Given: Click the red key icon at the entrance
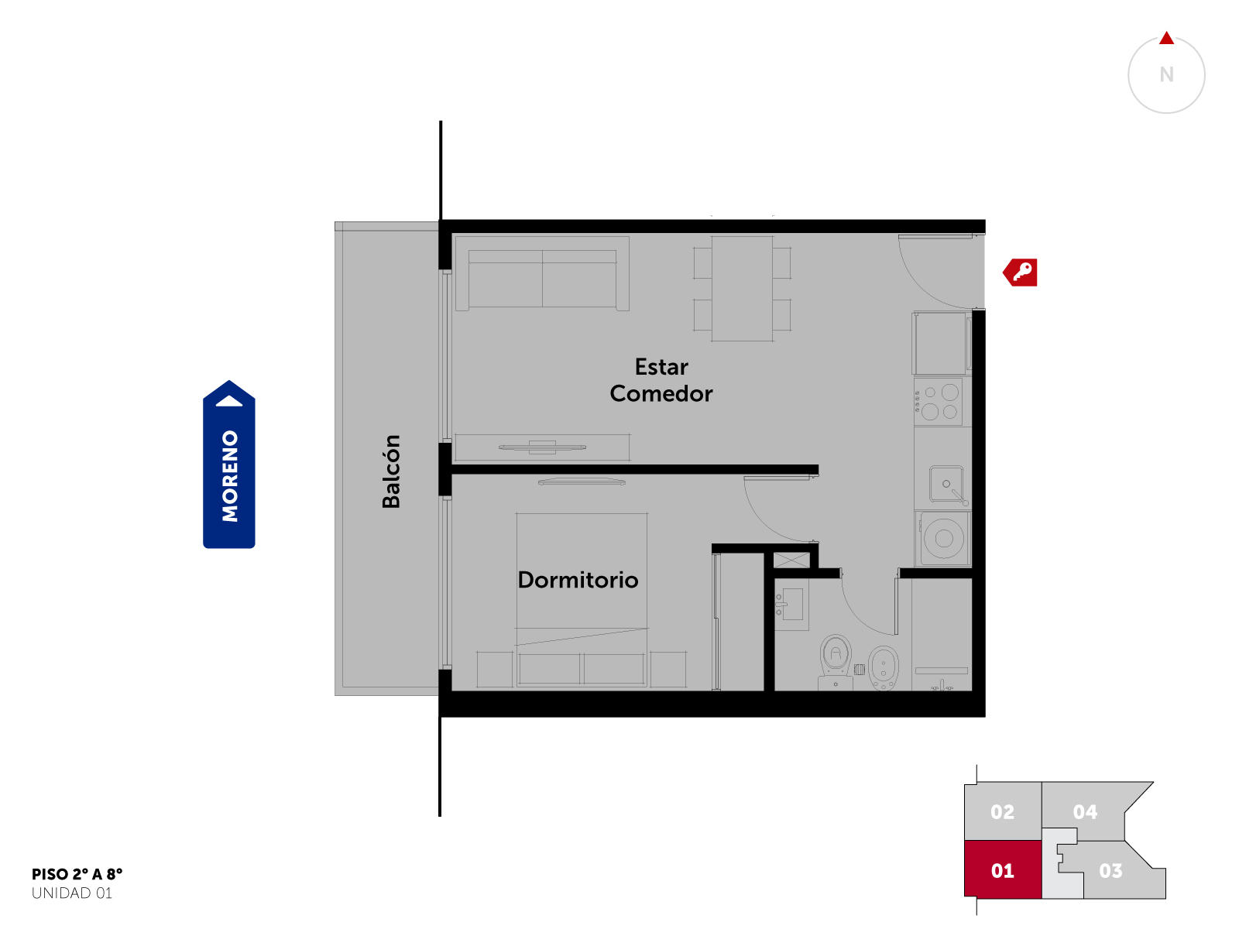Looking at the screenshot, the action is coord(1020,273).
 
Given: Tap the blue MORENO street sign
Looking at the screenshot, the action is coord(228,464).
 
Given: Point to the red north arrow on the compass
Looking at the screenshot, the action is coord(1166,38).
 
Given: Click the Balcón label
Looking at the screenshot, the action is coord(390,471).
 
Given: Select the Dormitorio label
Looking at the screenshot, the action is coord(578,581).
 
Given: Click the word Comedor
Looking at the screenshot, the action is coord(661,394).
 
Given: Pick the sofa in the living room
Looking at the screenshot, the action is coord(542,273).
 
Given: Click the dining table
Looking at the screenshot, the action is coord(742,288).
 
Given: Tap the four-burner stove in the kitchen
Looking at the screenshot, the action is coord(942,402).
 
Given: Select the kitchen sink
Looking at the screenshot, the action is coord(946,484).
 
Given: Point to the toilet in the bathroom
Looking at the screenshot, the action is coord(836,662).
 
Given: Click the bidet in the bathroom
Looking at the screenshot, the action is coord(884,668).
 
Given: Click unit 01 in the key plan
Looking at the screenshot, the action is coord(1003,869).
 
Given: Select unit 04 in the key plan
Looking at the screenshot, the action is coord(1084,811).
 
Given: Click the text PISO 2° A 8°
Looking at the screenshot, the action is coord(77,874).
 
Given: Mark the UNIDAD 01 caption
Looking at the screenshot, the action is coord(72,893).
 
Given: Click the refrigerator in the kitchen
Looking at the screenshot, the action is coord(941,344).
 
